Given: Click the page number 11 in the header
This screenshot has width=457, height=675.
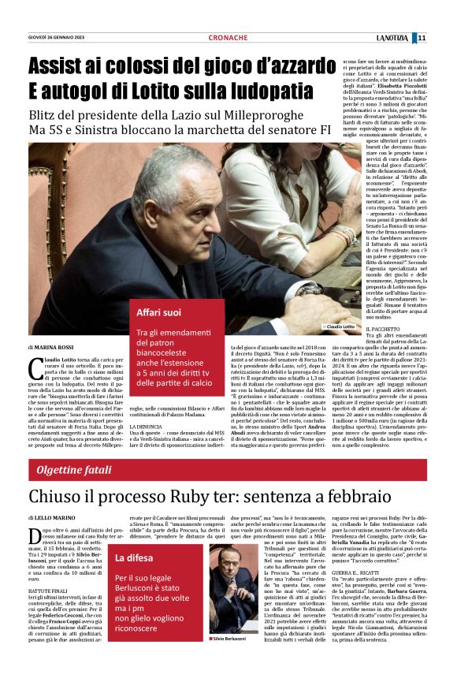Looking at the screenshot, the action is point(444,38).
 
